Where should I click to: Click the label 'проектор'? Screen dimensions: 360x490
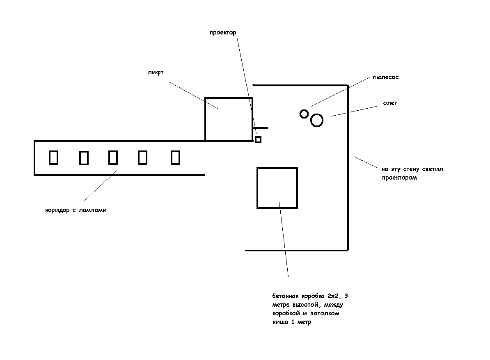(223, 33)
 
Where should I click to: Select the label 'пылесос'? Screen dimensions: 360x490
(385, 77)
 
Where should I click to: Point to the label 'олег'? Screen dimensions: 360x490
(390, 103)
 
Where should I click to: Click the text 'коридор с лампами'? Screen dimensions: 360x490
(76, 210)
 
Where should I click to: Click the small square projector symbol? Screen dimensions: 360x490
(258, 139)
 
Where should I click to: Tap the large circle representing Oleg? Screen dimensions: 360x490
(317, 121)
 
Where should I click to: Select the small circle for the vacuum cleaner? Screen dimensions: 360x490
(304, 114)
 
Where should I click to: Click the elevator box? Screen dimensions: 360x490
(229, 119)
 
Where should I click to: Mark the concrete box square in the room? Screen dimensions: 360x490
(277, 188)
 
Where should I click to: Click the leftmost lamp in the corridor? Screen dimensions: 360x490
(53, 157)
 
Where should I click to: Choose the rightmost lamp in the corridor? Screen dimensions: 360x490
(175, 157)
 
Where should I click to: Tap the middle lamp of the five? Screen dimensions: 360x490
(113, 157)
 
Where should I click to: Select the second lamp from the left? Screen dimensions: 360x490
(84, 158)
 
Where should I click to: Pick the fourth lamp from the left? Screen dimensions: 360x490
(142, 157)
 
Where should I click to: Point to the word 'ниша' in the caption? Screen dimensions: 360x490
(279, 322)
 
